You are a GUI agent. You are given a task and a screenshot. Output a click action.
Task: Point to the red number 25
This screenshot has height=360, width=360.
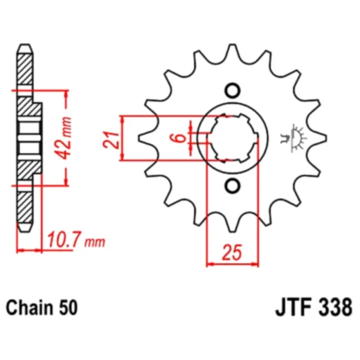coord(231,253)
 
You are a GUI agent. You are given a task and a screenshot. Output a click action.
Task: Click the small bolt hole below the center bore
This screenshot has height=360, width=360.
coord(232,186)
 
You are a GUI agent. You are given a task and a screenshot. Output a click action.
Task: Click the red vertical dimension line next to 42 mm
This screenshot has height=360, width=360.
coord(69,138)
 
